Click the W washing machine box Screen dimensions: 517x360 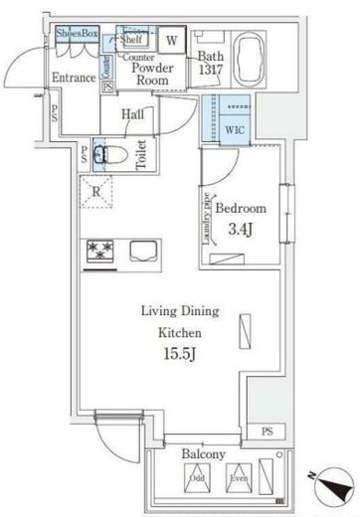171,41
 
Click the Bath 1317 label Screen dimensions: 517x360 211,64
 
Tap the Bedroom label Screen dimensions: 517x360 243,210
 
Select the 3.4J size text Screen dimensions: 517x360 243,231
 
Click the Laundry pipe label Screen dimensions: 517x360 208,220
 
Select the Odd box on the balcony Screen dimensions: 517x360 197,477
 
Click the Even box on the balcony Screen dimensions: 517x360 240,477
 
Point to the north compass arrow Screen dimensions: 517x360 333,488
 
